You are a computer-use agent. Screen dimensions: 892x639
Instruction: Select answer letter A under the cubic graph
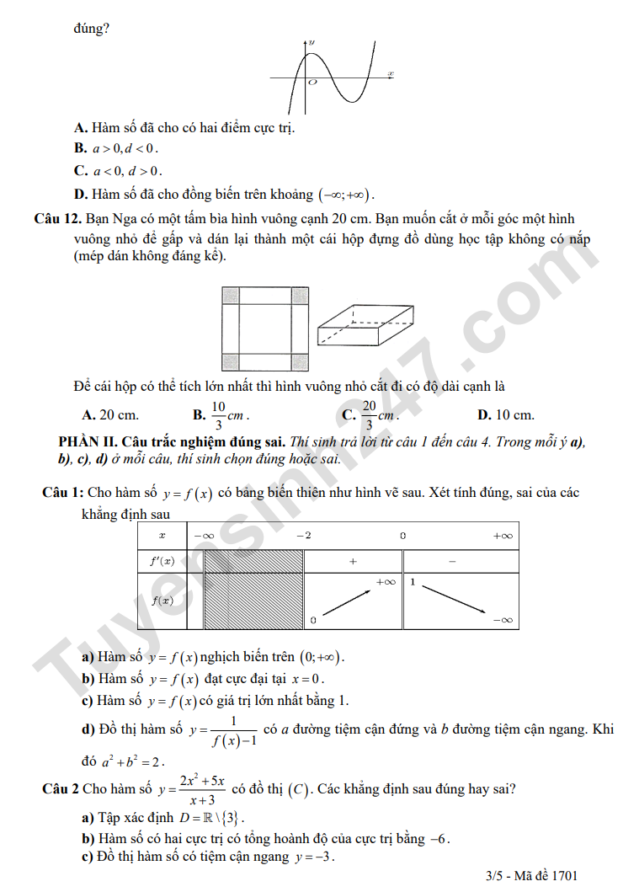(81, 128)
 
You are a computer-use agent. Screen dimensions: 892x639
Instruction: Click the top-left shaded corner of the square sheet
(231, 296)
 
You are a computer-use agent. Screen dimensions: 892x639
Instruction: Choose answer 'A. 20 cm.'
(110, 414)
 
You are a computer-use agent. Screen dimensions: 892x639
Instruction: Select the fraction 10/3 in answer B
(218, 414)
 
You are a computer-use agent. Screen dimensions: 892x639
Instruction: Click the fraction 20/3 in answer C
(369, 414)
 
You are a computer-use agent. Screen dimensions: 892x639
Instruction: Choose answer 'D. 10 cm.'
(505, 414)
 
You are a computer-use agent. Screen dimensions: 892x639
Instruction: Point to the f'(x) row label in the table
(162, 561)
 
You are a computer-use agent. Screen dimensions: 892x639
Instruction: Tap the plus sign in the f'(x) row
(353, 561)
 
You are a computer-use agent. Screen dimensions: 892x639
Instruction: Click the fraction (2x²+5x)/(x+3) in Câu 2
(201, 790)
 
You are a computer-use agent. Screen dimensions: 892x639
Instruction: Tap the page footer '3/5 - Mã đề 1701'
(531, 876)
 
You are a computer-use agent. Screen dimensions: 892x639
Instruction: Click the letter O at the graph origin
(312, 83)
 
